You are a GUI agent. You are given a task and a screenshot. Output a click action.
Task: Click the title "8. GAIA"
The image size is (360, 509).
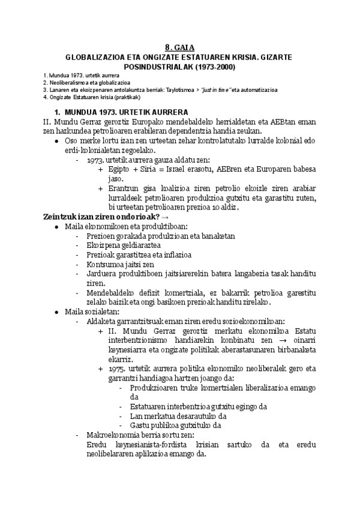tap(179, 48)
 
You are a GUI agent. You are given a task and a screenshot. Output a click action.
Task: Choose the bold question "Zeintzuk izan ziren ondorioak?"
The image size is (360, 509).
tap(100, 216)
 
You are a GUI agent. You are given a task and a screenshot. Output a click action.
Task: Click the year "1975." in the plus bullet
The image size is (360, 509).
tap(118, 368)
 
